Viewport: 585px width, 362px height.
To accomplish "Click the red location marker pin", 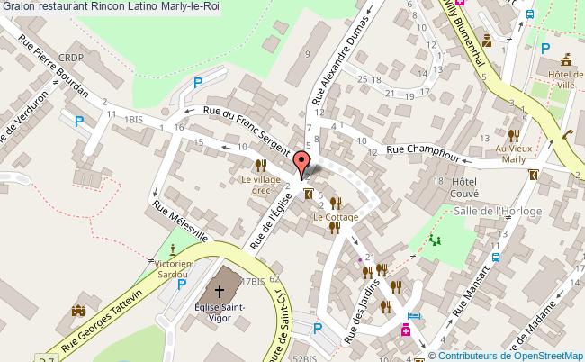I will coord(300,165).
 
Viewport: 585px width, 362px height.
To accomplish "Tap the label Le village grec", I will coord(260,184).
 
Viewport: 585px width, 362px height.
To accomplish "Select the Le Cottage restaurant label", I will coord(336,217).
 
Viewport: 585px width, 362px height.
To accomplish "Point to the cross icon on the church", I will coord(220,291).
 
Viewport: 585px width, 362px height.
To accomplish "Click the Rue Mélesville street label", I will coord(180,221).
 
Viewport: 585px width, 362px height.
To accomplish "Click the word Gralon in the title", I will coord(18,6).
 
